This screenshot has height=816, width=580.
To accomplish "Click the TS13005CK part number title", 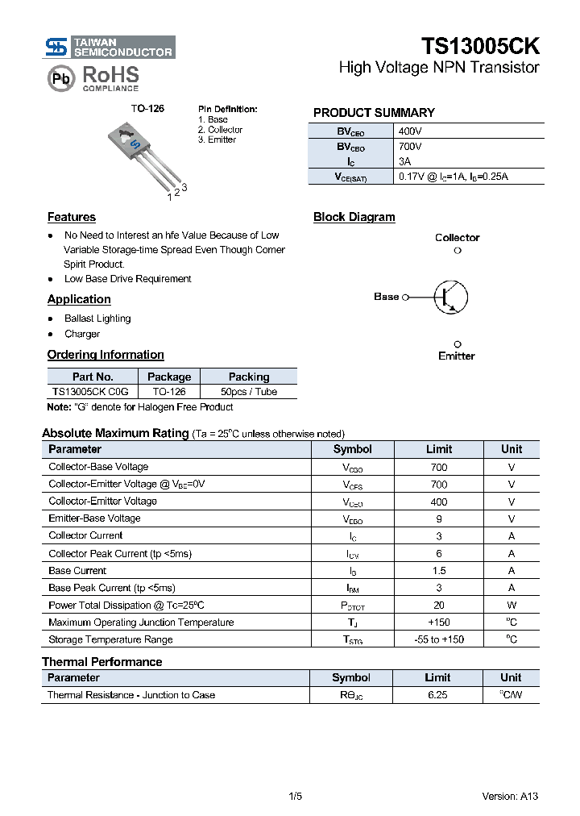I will pos(480,46).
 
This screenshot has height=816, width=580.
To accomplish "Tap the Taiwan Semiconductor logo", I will pos(110,47).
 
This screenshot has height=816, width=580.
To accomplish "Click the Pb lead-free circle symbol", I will pos(60,78).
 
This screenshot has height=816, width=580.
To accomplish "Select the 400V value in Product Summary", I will pos(410,131).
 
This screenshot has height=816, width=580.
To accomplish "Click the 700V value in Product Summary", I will pos(410,147).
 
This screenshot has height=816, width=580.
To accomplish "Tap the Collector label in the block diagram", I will pos(457,238).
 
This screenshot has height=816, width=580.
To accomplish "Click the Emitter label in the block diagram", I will pos(457,356).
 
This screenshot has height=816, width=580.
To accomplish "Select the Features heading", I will pos(72,217).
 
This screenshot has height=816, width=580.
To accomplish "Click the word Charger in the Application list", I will pos(82,334).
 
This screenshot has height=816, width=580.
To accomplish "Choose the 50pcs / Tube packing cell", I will pos(248,392).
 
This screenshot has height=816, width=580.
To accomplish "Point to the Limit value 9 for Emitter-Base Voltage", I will pos(438,519).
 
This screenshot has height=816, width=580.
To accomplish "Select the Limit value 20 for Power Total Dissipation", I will pos(438,606).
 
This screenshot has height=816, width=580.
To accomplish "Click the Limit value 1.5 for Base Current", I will pos(438,571).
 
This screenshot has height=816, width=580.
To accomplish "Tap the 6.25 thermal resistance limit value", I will pos(437,695).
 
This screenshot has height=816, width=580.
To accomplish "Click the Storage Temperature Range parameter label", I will pos(110,639).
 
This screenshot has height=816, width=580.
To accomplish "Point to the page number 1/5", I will pos(295,797).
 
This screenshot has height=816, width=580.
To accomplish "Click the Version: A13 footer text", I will pos(510,797).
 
